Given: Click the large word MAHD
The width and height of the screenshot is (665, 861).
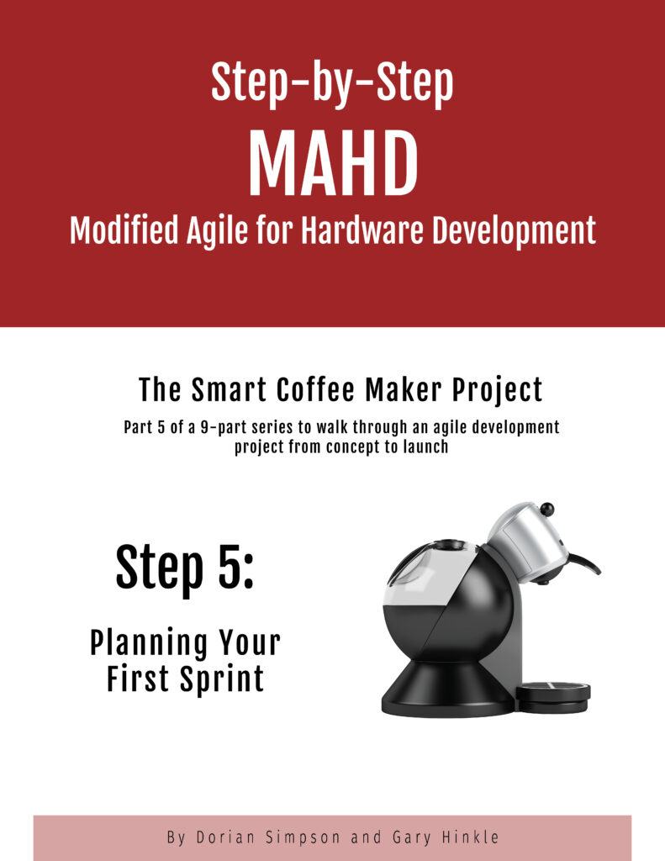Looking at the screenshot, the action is click(x=333, y=165).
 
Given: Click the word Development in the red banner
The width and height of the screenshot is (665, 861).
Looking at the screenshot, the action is click(x=514, y=230).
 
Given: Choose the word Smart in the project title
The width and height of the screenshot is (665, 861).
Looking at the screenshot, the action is click(x=230, y=390).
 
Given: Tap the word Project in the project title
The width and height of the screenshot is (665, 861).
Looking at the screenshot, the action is click(x=498, y=390).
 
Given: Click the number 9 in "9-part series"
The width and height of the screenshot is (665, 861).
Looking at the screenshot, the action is click(x=203, y=427).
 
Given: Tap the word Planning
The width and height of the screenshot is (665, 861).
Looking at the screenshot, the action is click(x=149, y=643).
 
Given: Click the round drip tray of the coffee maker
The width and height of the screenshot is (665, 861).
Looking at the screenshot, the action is click(x=553, y=697).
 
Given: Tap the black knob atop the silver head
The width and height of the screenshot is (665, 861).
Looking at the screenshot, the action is click(x=547, y=509).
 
